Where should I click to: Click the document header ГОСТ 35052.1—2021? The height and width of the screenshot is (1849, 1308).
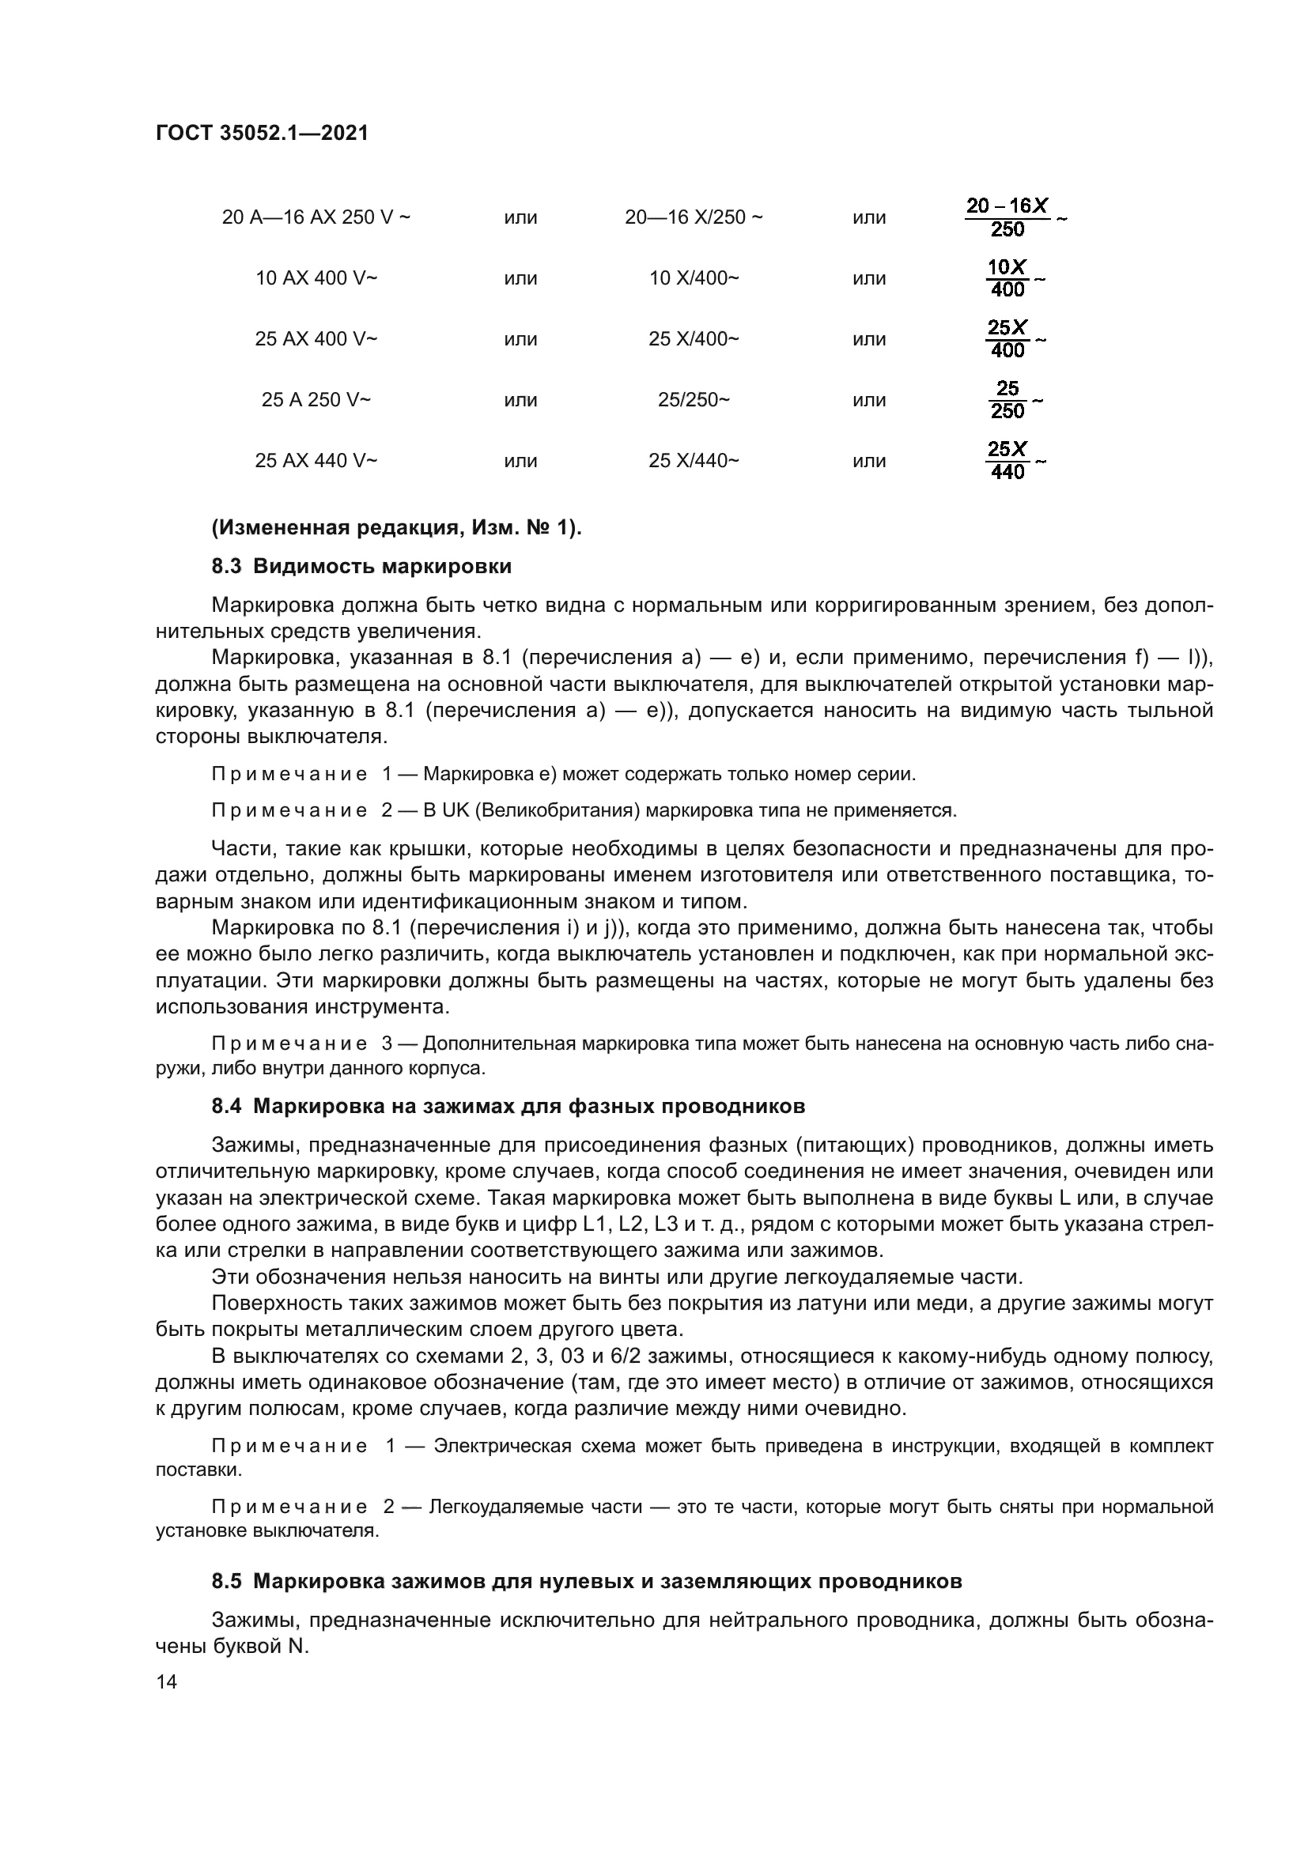point(262,133)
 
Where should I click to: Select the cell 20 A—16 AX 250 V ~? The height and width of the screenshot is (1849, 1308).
point(316,217)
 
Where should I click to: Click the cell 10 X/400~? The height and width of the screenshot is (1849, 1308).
point(694,278)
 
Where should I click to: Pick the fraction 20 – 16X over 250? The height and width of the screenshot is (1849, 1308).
point(1007,217)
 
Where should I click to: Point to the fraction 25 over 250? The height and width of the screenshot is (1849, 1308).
point(1007,400)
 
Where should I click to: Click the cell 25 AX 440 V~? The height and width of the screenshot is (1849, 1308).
point(316,461)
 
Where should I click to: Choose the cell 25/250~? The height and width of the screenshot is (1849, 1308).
point(694,400)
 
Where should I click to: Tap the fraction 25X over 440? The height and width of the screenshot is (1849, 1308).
point(1007,461)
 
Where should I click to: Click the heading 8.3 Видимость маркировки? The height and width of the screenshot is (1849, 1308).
point(361,567)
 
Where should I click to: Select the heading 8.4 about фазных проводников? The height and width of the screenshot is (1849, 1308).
point(508,1107)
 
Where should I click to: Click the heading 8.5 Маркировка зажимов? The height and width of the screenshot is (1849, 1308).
point(586,1582)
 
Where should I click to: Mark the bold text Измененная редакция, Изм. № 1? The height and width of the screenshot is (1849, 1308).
point(396,528)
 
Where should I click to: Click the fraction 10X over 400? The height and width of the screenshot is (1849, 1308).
point(1007,278)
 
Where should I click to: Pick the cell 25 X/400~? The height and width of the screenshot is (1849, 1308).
point(694,339)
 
